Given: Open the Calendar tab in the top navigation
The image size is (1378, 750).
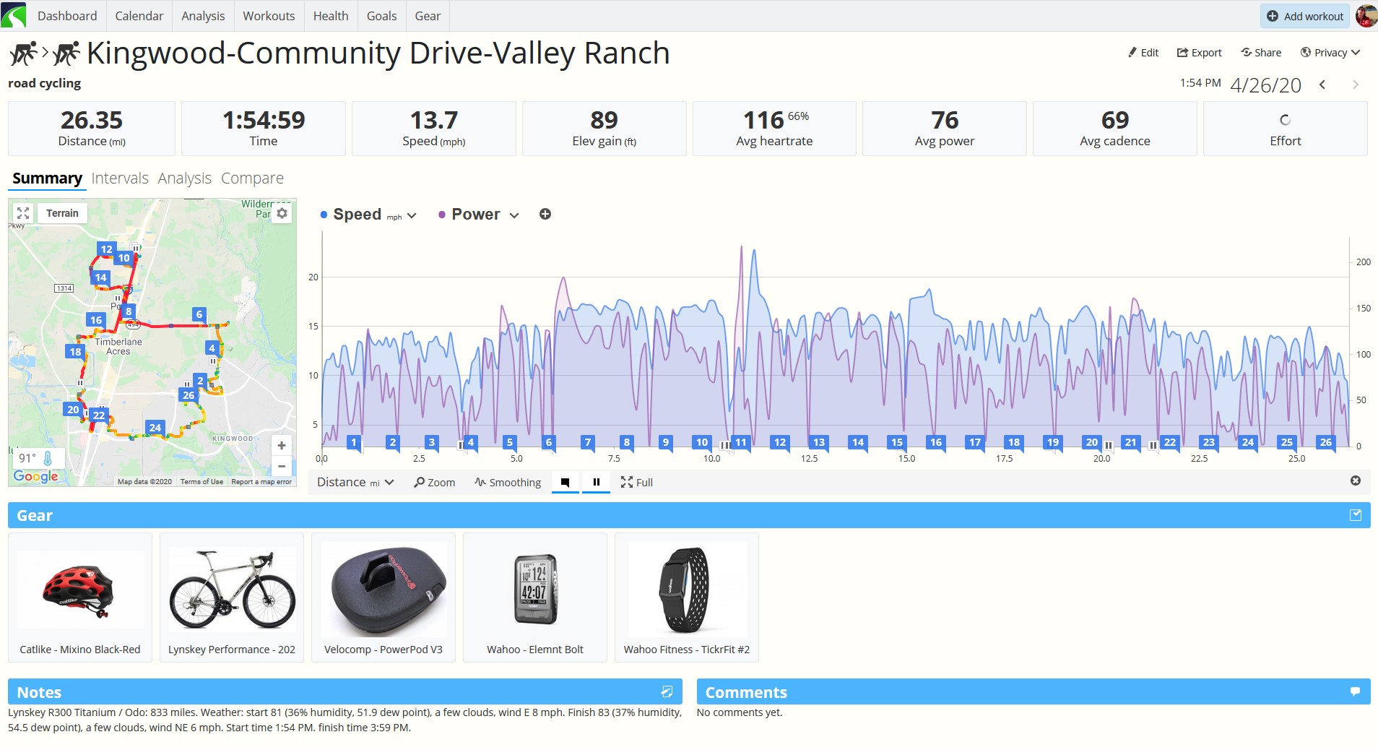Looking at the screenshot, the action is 139,16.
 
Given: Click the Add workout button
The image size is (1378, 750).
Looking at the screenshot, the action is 1306,16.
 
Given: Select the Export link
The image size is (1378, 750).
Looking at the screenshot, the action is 1199,53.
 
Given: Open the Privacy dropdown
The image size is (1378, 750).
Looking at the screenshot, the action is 1330,53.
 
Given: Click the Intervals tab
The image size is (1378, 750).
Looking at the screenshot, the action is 120,178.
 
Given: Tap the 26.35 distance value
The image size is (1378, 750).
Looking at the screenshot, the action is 92,120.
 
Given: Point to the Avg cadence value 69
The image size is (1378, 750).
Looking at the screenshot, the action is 1115,120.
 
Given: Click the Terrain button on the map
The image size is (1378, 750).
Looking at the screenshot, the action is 62,213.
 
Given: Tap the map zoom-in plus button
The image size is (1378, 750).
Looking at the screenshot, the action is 282,446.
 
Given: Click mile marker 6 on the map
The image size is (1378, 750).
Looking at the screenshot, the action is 199,314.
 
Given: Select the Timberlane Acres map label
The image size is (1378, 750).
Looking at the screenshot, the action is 118,347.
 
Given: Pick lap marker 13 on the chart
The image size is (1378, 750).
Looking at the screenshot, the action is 818,442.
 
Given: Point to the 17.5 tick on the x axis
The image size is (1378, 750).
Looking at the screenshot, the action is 1004,459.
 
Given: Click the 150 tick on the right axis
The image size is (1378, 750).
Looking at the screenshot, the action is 1363,309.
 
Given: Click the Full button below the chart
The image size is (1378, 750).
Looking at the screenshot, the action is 636,483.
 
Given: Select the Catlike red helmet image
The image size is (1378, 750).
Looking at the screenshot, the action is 79,590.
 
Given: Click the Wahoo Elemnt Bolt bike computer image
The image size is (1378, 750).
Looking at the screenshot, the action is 535,590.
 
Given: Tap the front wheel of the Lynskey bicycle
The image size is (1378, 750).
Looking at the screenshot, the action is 269,602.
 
